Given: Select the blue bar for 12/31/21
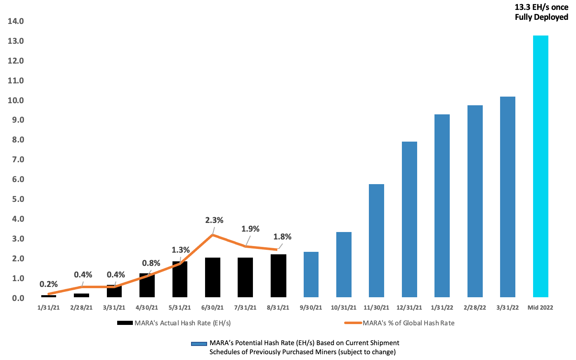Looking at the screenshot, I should click(409, 219).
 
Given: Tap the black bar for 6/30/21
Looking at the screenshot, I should click(212, 277).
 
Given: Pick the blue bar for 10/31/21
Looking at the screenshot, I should click(344, 265).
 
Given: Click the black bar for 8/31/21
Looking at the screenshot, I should click(278, 276).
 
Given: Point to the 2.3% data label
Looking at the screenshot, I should click(214, 220).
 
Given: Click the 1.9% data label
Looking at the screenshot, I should click(250, 229).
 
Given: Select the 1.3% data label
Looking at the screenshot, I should click(181, 250).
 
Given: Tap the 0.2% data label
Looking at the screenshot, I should click(49, 284).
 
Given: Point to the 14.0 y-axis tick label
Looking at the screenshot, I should click(16, 21).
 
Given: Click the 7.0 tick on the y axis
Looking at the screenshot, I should click(16, 159).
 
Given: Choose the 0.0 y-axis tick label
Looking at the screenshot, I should click(16, 298).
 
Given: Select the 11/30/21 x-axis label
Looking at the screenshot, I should click(376, 308).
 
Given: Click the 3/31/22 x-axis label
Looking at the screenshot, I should click(508, 308).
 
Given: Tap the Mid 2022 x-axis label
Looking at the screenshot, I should click(541, 308).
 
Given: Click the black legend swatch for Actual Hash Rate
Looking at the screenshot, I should click(125, 323).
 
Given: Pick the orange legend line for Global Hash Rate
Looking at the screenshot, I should click(353, 323).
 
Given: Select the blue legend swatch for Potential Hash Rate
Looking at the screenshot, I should click(199, 343).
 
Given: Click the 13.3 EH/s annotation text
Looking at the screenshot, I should click(541, 12).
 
